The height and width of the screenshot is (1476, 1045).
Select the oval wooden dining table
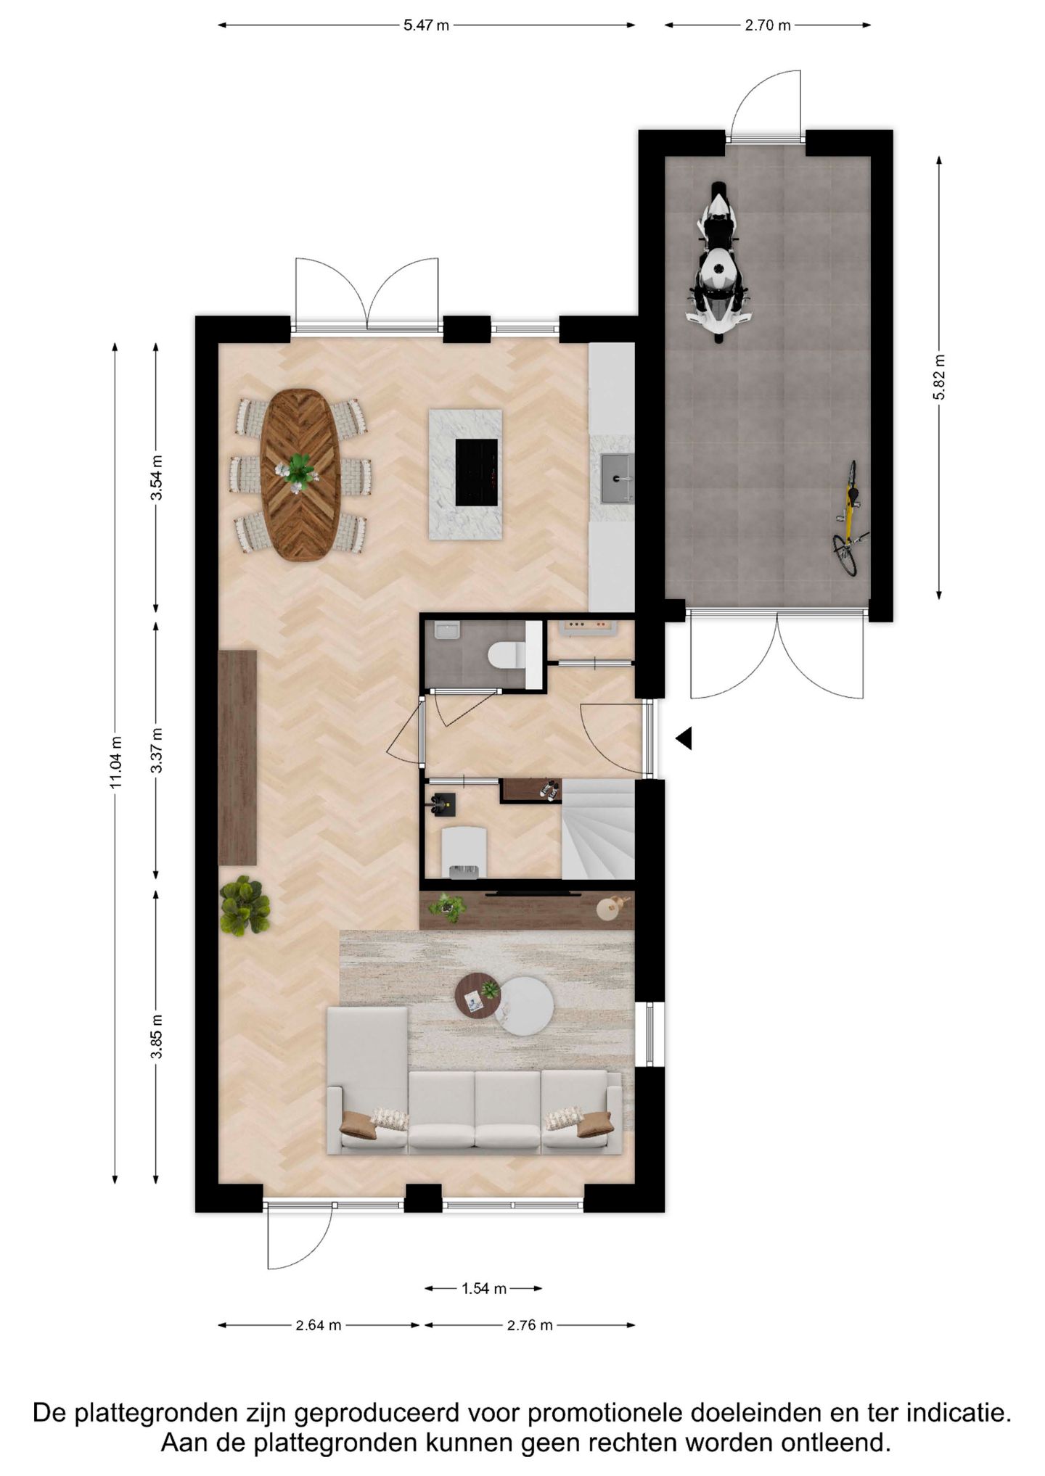tap(300, 474)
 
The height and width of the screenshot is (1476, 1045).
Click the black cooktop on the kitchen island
tap(477, 472)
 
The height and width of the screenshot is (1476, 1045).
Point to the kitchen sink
tap(617, 478)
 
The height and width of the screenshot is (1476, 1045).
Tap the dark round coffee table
tap(478, 997)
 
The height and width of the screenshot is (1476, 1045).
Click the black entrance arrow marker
tap(684, 739)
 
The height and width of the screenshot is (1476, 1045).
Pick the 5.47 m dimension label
tap(426, 25)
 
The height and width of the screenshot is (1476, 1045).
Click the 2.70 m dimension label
tap(767, 25)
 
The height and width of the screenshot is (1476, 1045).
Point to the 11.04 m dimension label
tap(116, 762)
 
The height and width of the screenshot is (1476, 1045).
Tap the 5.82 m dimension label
tap(939, 376)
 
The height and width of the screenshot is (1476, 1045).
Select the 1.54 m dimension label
tap(484, 1289)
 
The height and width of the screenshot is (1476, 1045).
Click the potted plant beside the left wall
tap(245, 906)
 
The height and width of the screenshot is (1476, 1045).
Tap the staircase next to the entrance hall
tap(598, 828)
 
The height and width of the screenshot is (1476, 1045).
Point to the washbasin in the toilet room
tap(447, 631)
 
